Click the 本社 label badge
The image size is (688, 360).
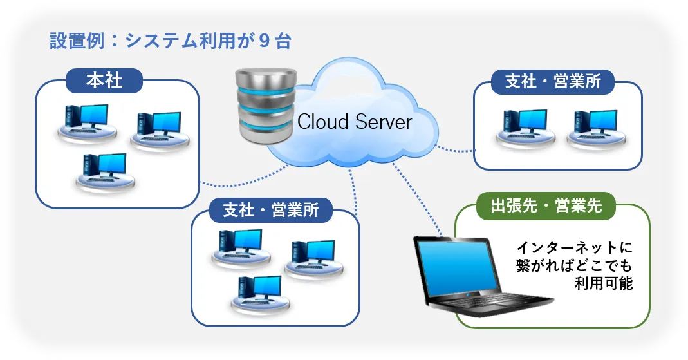pos(104,81)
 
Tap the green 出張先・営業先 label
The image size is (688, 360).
pos(546,206)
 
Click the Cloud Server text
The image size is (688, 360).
pos(355,121)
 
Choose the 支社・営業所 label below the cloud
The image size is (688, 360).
pos(270,210)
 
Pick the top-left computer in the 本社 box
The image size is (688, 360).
pos(86,122)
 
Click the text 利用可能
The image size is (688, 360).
pos(604,283)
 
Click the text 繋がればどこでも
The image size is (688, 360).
pos(575,265)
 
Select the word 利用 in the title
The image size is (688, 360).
pos(215,42)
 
